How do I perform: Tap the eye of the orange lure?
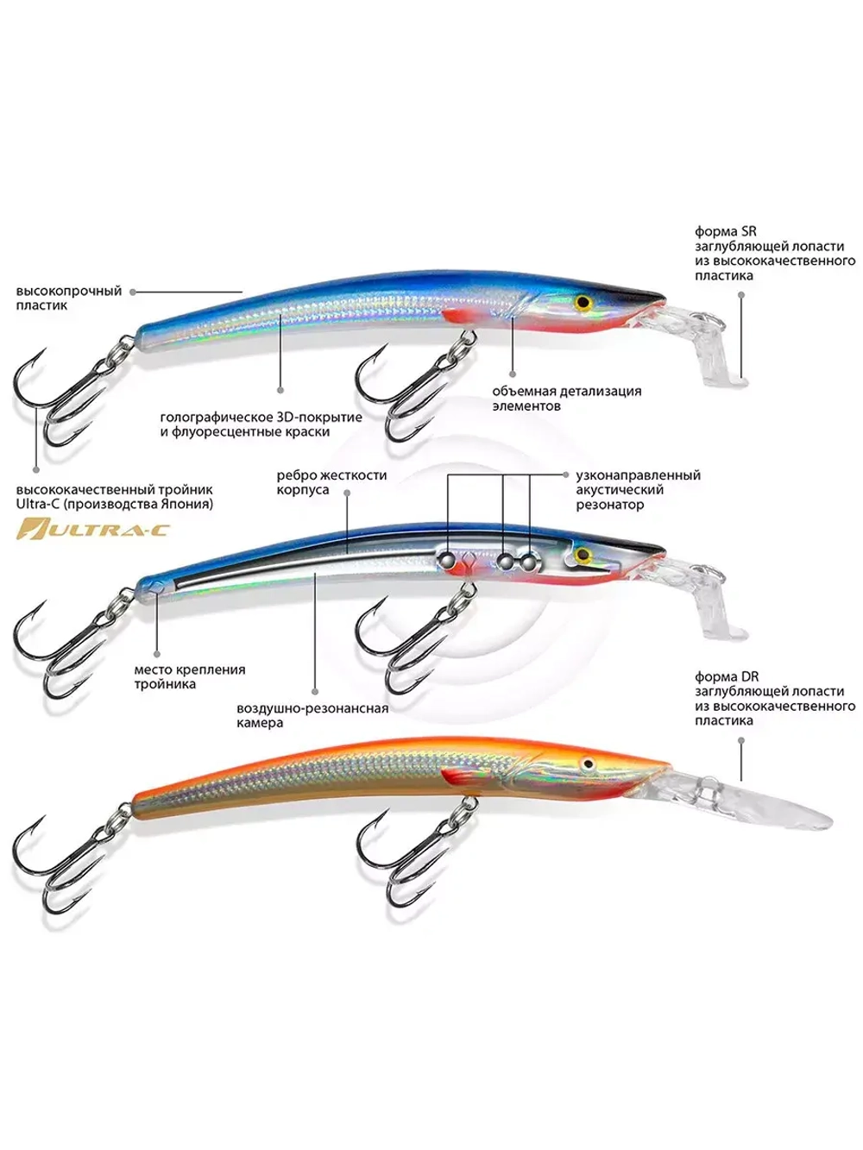click(x=589, y=764)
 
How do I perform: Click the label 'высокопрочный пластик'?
click(x=69, y=298)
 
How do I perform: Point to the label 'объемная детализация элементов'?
click(x=566, y=399)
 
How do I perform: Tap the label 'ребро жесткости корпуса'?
click(x=331, y=482)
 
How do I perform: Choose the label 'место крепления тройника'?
click(x=189, y=677)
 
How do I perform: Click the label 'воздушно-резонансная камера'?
click(x=312, y=716)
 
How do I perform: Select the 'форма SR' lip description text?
click(x=774, y=254)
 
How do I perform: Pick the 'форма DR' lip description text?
click(x=774, y=699)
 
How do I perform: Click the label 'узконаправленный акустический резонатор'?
click(x=638, y=490)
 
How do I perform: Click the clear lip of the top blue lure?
click(x=708, y=345)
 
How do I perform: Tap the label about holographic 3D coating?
click(x=261, y=424)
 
